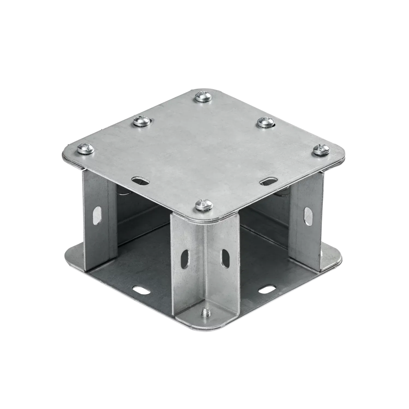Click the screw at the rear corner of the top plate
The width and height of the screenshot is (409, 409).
(x=203, y=97)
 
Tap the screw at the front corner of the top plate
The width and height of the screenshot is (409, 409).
(x=204, y=205)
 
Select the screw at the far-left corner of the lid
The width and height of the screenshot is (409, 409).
(x=86, y=149)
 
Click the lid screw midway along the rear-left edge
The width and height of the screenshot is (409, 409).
(x=142, y=121)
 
